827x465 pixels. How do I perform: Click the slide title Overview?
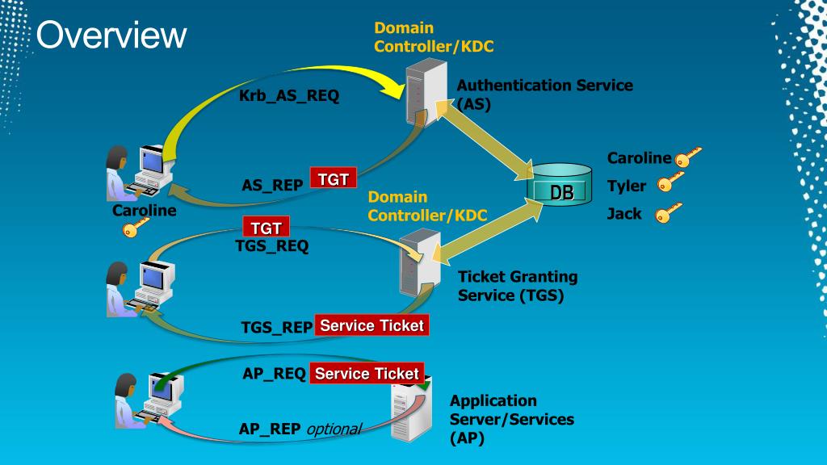point(111,35)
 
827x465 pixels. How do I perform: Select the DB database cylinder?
point(560,185)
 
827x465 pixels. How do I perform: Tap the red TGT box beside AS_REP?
point(334,178)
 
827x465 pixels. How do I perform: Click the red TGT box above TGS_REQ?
point(266,227)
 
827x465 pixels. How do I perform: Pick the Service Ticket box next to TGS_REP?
point(372,325)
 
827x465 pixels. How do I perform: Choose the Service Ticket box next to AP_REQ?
point(367,373)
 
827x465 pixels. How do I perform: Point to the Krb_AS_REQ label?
point(289,96)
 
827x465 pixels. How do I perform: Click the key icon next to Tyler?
point(670,182)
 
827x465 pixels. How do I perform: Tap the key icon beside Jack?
point(668,212)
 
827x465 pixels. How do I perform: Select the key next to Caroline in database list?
point(688,157)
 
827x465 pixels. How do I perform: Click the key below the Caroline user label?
point(136,228)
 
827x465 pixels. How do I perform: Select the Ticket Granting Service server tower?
point(420,263)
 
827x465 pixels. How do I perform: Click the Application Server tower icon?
point(411,409)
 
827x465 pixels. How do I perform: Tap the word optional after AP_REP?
point(334,429)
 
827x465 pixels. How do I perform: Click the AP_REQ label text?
point(275,374)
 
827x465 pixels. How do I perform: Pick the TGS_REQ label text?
point(272,246)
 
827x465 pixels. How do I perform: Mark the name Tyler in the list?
point(627,186)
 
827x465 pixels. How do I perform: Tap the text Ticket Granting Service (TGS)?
point(518,286)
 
